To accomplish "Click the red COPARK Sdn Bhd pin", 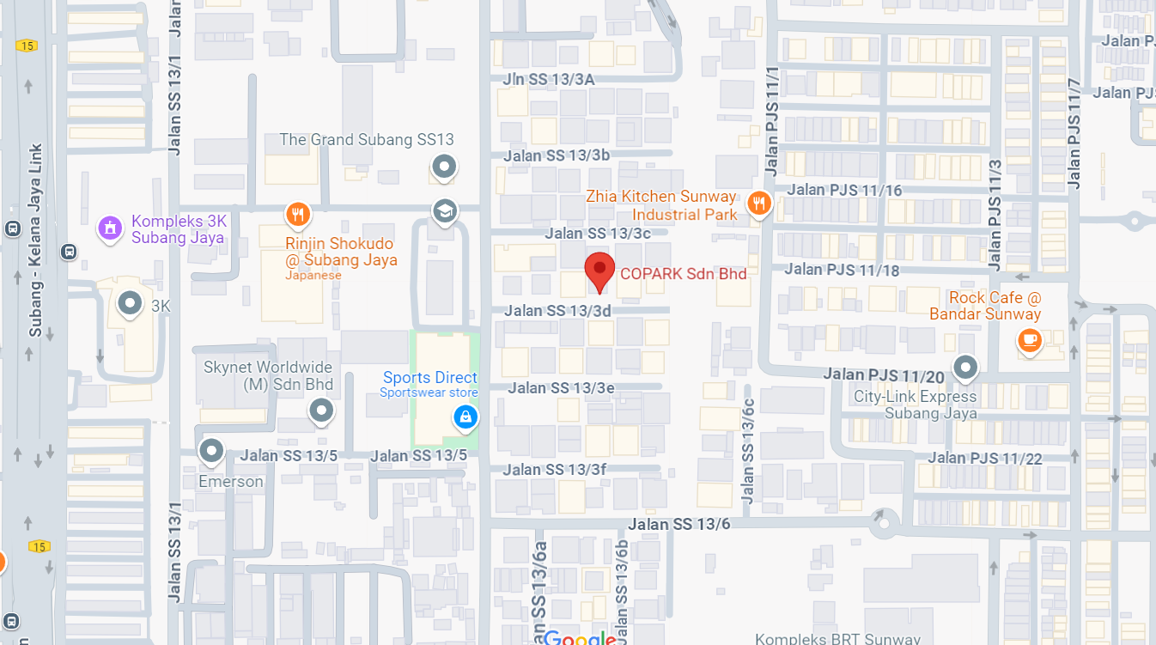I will [x=599, y=270].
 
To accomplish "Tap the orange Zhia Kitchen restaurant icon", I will [x=757, y=203].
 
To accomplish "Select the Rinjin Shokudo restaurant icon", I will [x=298, y=213].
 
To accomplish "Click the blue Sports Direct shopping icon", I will [x=465, y=417].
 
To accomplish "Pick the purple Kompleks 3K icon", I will [x=109, y=228].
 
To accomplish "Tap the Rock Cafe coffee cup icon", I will [x=1028, y=340].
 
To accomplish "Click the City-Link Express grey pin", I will [x=966, y=368].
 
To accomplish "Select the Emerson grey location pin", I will [x=211, y=450].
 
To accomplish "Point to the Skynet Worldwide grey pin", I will [x=321, y=410].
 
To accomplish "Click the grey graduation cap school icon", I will [x=444, y=210].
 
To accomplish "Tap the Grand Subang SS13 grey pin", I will [x=444, y=166].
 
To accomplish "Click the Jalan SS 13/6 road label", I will [x=678, y=523].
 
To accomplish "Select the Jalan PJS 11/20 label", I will [x=884, y=374].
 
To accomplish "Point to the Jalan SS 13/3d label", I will [x=557, y=310].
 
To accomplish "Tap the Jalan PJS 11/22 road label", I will [x=984, y=459].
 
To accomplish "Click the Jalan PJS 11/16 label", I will [x=844, y=190].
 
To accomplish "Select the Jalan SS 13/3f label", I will [x=555, y=469].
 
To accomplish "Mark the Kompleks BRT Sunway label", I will [x=837, y=638].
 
